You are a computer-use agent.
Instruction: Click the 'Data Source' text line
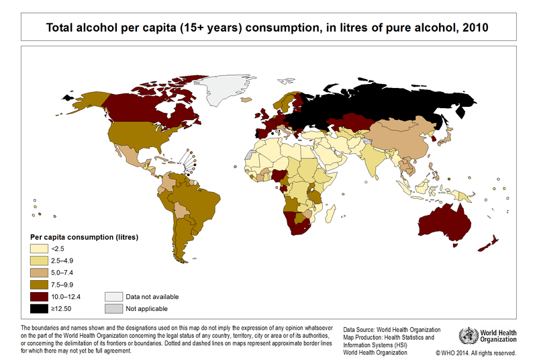pyautogui.click(x=392, y=330)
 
